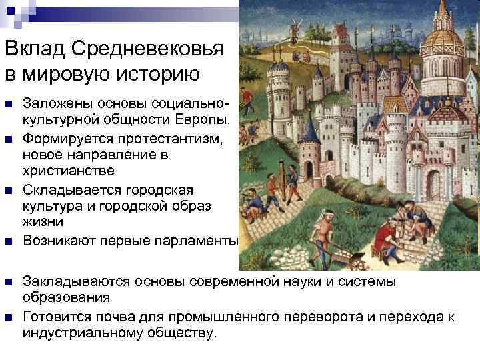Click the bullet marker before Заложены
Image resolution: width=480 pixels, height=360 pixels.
pos(8,103)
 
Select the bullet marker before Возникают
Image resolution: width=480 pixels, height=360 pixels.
pos(8,241)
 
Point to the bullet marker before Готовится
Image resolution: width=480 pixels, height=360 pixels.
pos(8,316)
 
